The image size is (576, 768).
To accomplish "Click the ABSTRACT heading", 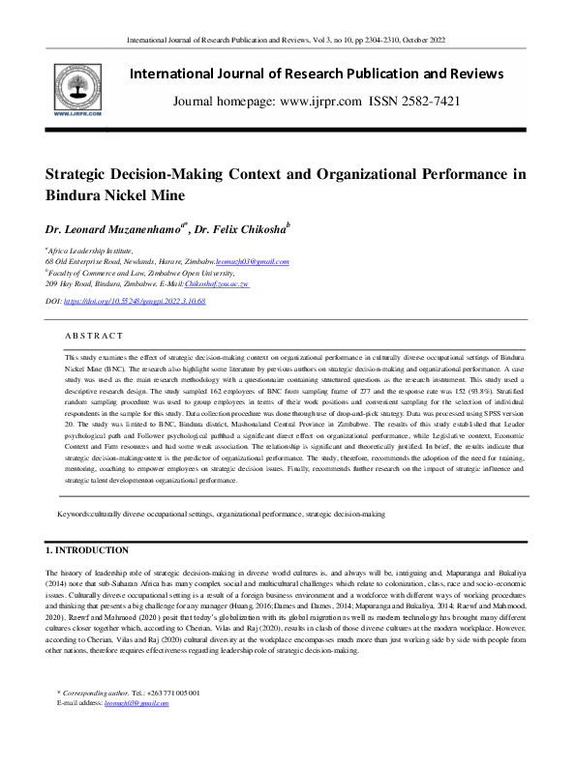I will point(94,335).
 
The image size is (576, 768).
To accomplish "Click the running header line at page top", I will point(288,42).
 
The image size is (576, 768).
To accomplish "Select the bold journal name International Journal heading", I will point(317,74).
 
